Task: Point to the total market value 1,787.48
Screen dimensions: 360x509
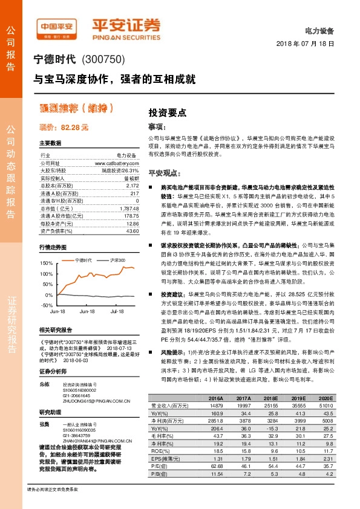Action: pyautogui.click(x=128, y=208)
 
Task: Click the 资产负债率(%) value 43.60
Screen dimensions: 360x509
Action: pyautogui.click(x=132, y=230)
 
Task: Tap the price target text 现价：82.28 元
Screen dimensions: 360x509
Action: pyautogui.click(x=64, y=128)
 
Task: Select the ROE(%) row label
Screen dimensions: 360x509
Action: pyautogui.click(x=159, y=450)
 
